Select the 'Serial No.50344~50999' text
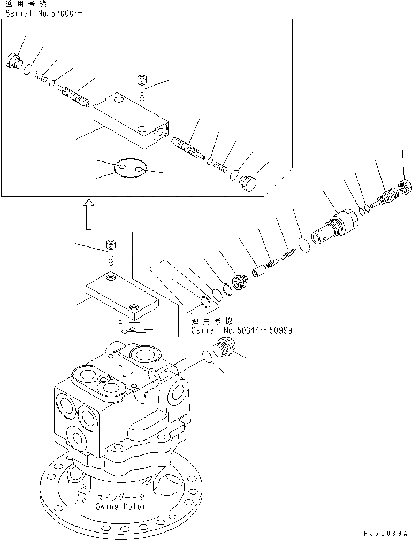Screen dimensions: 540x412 (241, 330)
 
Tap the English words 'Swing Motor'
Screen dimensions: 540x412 (120, 506)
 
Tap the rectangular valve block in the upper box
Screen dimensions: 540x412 (130, 120)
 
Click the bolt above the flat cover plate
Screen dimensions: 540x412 (111, 251)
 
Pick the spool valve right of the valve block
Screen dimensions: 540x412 (186, 147)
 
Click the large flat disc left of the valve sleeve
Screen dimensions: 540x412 (303, 245)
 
